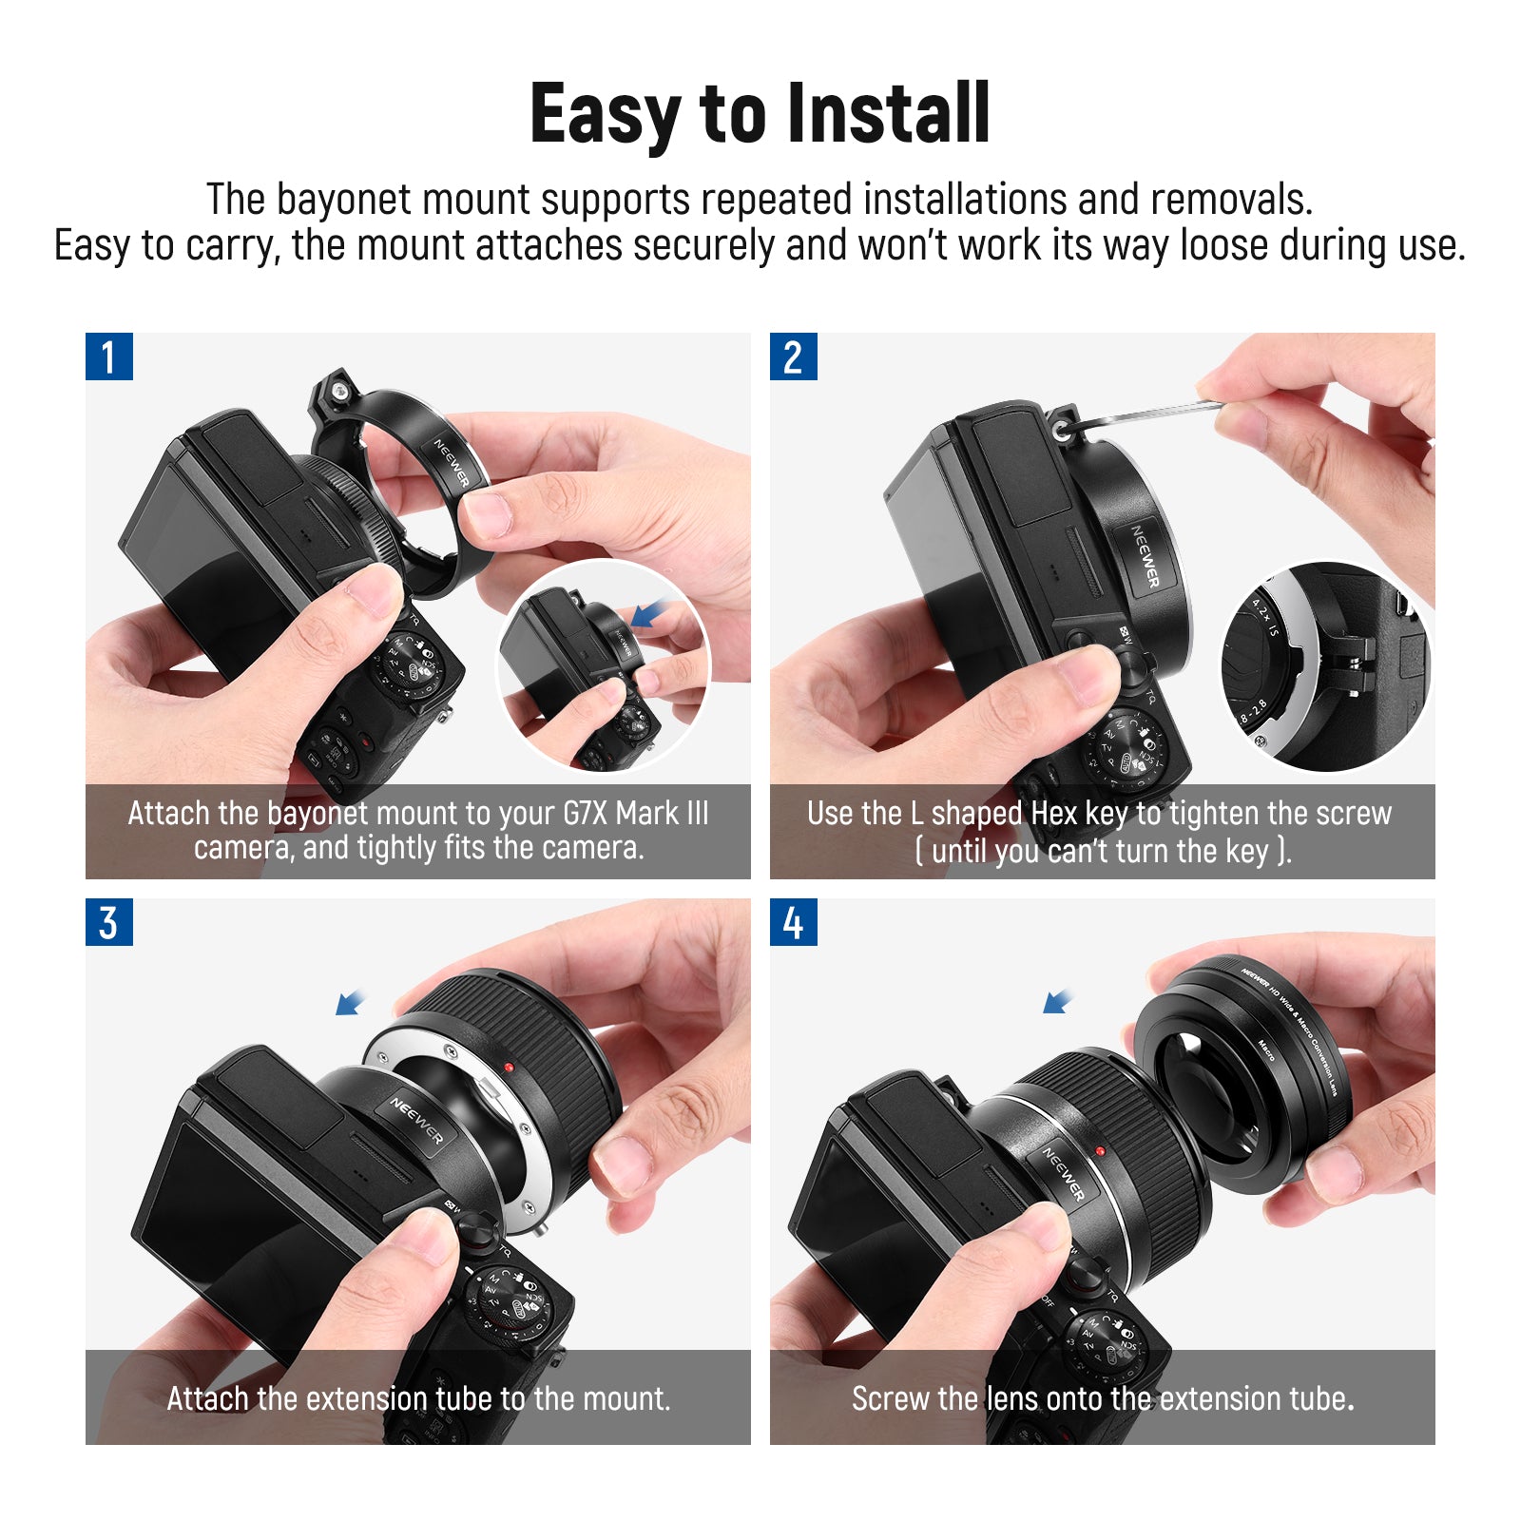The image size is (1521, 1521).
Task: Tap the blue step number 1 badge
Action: tap(109, 356)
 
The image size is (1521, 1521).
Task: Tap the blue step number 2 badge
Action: tap(794, 356)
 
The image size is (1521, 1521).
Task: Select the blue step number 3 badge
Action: tap(109, 922)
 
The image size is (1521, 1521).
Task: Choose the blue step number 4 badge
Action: tap(794, 922)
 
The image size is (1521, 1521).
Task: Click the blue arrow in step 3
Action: tap(351, 1002)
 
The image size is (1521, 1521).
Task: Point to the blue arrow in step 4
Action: tap(1057, 1001)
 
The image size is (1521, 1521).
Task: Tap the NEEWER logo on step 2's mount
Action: tap(1146, 556)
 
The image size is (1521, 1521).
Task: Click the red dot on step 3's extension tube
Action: tap(510, 1068)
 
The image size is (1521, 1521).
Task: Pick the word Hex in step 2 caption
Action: tap(1053, 814)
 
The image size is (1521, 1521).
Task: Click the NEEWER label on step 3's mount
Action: tap(416, 1121)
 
